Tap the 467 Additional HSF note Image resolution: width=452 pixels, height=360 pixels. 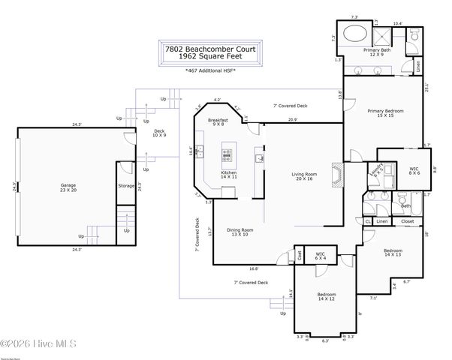pos(212,72)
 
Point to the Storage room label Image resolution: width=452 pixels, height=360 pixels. pos(126,185)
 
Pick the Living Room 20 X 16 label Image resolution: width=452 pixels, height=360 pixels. pos(305,178)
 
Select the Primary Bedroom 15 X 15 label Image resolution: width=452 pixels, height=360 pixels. pos(381,113)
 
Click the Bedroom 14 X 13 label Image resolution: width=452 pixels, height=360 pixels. pos(393,252)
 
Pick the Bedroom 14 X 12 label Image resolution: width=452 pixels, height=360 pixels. pos(325,296)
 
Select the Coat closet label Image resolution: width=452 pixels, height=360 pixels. pos(299,255)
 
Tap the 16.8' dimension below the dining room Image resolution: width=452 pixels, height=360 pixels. pos(254,268)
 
